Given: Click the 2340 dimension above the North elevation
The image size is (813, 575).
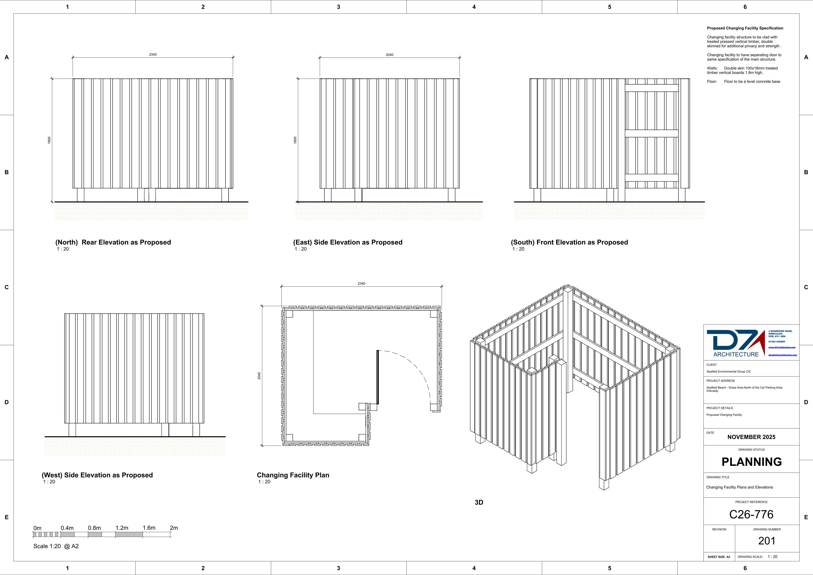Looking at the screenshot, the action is pos(153,55).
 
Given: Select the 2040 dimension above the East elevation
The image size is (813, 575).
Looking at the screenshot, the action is pos(389,55).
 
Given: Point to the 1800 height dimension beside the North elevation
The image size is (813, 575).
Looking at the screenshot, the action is pos(49,140).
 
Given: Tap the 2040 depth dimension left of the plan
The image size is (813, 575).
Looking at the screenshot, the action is pos(259,376).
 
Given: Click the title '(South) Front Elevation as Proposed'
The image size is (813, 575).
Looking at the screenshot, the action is pos(569,242).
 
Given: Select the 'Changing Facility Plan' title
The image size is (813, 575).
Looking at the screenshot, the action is pos(293,475).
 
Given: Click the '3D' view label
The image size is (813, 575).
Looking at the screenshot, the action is pos(479,502).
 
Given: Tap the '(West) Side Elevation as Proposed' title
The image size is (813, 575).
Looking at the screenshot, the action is pos(97,475).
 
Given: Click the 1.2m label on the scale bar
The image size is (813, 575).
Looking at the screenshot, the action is pos(122,528).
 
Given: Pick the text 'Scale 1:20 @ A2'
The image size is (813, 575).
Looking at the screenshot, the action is pos(56,546).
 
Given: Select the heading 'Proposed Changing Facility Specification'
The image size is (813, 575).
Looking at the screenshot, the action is pos(745,28).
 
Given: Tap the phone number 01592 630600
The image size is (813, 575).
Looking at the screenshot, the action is pos(776,342).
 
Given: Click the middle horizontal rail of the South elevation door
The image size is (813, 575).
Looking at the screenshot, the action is pos(652,134).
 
